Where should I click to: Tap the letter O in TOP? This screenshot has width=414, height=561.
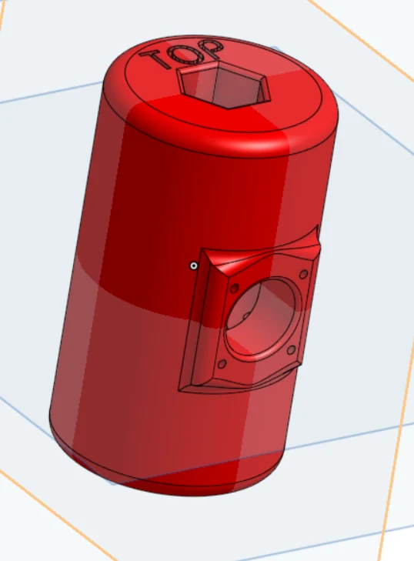point(182,54)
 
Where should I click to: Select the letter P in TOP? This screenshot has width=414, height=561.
point(211,49)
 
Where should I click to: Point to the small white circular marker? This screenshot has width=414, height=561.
point(194,265)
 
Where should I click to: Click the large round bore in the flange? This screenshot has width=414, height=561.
point(263,319)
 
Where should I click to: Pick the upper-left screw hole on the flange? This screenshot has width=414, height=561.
point(235,288)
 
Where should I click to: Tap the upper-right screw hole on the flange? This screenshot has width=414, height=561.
point(303,275)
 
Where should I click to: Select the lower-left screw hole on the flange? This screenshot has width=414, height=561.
point(222,364)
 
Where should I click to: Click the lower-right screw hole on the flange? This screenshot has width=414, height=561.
point(292,349)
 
